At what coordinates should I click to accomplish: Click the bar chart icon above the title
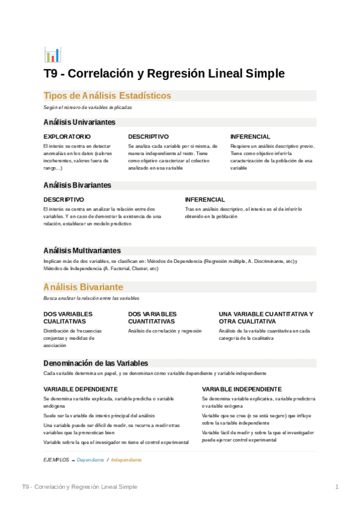point(52,55)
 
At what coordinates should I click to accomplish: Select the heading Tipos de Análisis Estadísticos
point(107,96)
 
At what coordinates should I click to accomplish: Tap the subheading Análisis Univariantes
point(79,122)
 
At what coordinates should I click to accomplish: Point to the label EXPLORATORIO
point(67,137)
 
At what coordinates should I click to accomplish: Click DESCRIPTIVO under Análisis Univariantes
point(148,137)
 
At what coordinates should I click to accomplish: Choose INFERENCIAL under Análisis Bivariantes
point(205,199)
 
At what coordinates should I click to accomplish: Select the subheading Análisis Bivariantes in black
point(77,185)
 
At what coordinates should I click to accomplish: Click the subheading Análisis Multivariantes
point(82,250)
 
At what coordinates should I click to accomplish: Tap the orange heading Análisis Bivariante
point(84,287)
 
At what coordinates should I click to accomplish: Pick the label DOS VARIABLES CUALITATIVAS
point(68,318)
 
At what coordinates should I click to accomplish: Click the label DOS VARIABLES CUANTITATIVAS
point(152,318)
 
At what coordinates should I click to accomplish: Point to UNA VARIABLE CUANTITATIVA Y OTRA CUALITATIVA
point(266,318)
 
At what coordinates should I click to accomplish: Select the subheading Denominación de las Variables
point(96,363)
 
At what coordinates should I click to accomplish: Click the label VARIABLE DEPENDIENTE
point(81,389)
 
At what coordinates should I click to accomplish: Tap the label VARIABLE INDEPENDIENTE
point(242,389)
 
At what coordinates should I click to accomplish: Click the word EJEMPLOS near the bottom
point(56,459)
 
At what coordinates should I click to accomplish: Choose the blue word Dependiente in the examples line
point(90,459)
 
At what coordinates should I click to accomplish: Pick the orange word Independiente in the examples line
point(126,459)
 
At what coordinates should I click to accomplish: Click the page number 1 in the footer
point(337,487)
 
